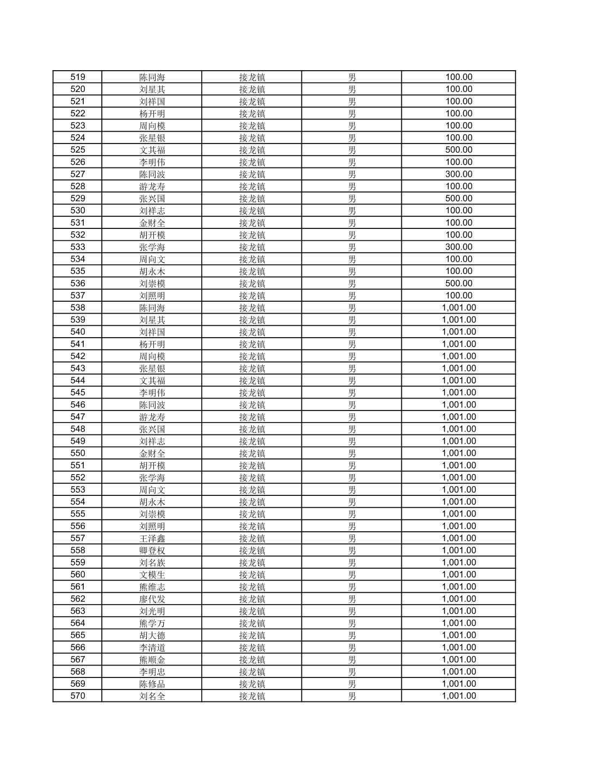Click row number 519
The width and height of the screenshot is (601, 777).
tap(78, 77)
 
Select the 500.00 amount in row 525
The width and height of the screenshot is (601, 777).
tap(459, 150)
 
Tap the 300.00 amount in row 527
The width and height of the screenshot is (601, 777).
tap(459, 174)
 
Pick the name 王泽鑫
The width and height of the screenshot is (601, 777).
tap(152, 538)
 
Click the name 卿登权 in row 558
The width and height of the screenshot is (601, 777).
tap(152, 550)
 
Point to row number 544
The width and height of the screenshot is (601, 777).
tap(78, 381)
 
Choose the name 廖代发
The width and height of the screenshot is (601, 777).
tap(152, 599)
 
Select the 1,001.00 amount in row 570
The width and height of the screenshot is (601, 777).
tap(459, 696)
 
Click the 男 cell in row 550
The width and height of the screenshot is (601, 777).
tap(352, 453)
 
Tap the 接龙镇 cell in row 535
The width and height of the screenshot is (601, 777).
tap(252, 271)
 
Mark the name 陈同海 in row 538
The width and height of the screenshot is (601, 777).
tap(152, 308)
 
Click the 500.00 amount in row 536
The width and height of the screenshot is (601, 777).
tap(459, 283)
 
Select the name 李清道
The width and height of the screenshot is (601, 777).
tap(152, 648)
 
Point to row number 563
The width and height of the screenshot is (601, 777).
tap(78, 611)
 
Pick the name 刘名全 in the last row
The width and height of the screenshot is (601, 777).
tap(152, 696)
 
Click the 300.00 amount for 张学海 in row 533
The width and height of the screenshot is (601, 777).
tap(459, 247)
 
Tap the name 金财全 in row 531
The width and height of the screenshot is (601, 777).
tap(152, 223)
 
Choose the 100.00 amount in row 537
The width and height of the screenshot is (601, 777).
tap(459, 295)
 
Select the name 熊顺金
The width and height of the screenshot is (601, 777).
tap(152, 660)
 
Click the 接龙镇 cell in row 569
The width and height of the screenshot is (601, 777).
tap(252, 684)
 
